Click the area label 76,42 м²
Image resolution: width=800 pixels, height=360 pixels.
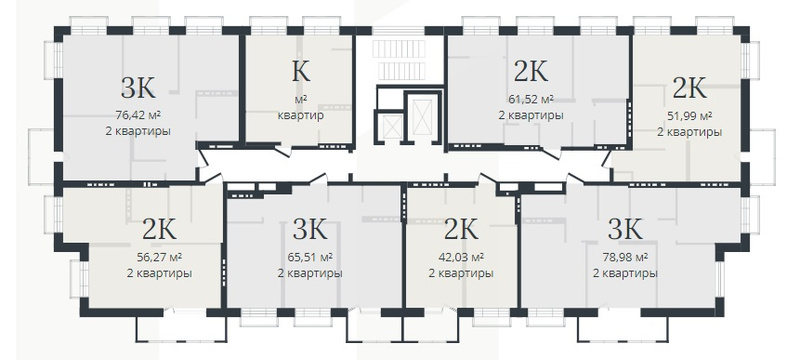(138, 115)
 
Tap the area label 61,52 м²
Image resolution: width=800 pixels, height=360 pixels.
(531, 99)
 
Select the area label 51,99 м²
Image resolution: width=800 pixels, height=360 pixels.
(689, 116)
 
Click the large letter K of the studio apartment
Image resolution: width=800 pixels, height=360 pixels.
(301, 71)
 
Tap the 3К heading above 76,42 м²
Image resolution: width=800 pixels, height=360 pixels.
(138, 88)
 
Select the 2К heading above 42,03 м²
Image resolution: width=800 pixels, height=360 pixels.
(461, 229)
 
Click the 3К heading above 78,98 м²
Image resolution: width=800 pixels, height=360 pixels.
(625, 229)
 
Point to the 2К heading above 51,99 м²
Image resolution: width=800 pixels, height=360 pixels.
(689, 88)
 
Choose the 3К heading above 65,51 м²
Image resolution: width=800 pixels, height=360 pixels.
(310, 229)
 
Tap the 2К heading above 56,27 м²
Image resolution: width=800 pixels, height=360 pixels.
(160, 229)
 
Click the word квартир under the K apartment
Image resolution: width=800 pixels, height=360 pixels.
(301, 115)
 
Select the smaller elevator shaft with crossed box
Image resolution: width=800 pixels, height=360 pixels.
(392, 126)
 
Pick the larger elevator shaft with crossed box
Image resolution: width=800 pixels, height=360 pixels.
(422, 117)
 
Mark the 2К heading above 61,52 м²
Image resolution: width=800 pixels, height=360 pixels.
(531, 71)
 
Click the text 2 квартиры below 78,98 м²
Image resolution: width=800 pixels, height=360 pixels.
(625, 273)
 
